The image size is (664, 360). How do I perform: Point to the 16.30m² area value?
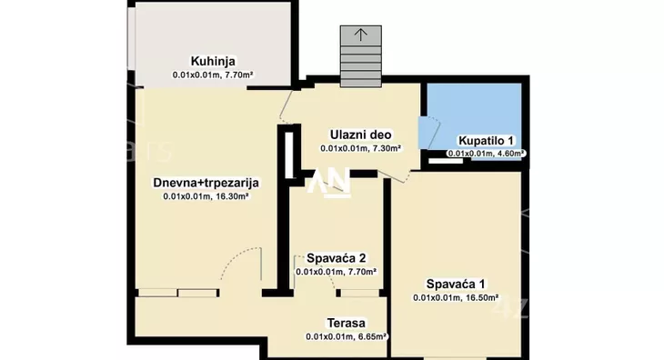(233, 195)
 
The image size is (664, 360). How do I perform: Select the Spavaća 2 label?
(336, 257)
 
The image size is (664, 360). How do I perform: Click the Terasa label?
(347, 324)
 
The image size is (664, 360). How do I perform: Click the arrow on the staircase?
(361, 35)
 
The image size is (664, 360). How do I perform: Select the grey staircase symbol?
(361, 56)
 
